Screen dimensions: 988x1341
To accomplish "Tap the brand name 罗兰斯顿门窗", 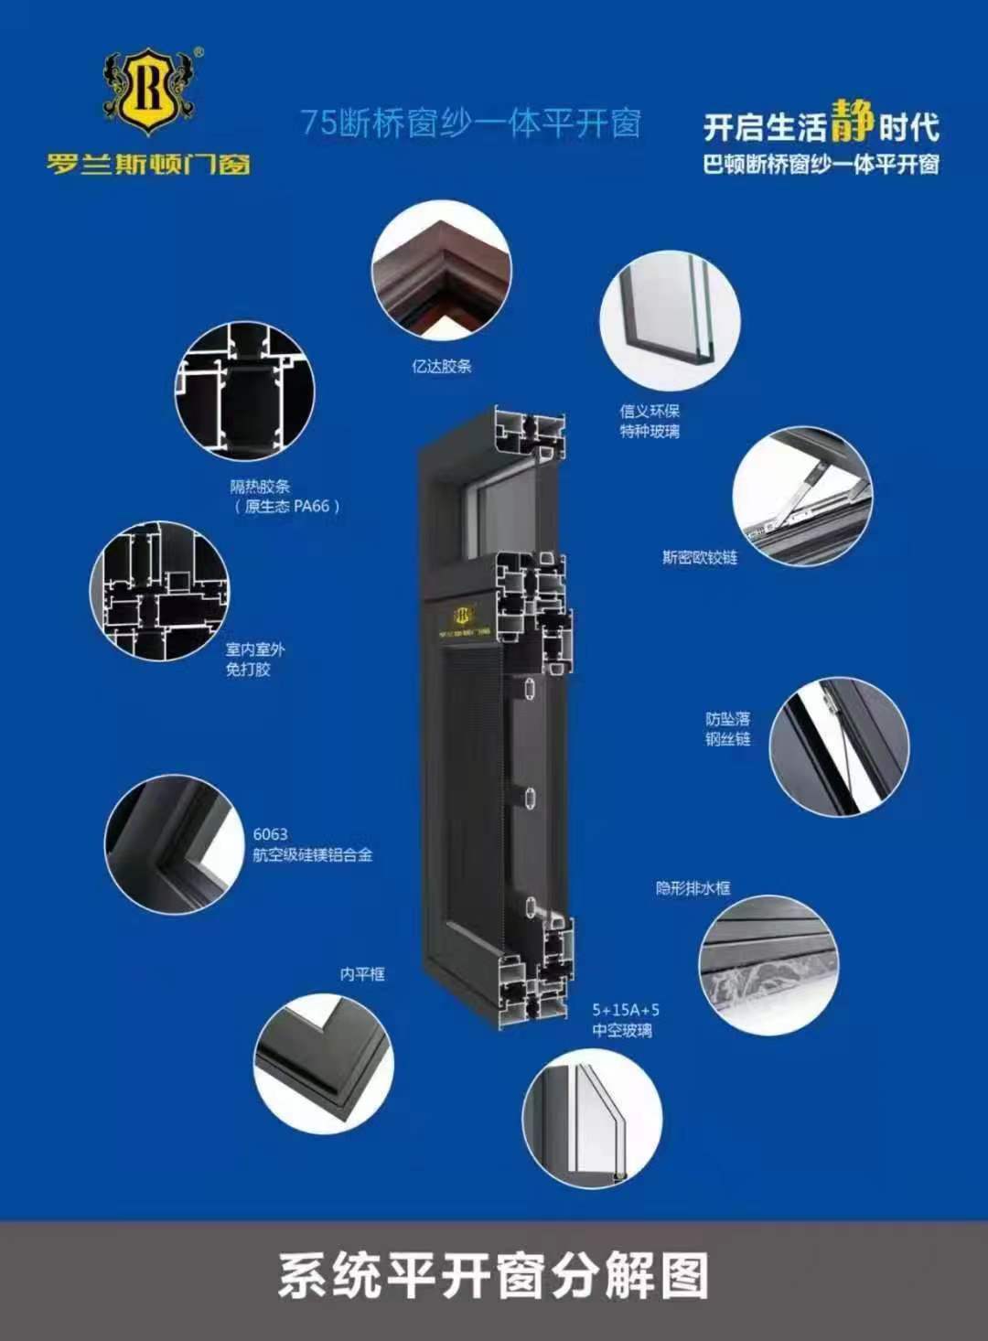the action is coord(149,163).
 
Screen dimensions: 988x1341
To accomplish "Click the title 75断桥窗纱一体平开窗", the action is coord(470,123).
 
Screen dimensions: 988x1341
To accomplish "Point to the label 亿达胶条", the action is coord(442,366).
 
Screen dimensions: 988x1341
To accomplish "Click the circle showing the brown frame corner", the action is coord(442,271).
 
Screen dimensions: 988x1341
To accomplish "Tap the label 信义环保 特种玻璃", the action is coord(650,421).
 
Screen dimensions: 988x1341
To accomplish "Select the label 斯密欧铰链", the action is coord(700,557).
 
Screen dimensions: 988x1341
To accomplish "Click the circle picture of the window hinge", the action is coord(802,496).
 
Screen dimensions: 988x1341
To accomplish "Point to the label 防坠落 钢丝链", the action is coord(727,728).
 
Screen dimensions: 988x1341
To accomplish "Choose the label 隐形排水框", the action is coord(693,888).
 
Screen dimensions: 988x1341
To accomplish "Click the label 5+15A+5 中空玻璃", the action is coord(626,1020).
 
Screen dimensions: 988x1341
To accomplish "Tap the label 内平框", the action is coord(362,974).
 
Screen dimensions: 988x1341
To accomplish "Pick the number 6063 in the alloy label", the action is coord(270,834).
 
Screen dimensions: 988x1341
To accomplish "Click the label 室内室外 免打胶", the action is coord(255,660).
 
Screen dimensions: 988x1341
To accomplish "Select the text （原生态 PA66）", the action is coord(287,507).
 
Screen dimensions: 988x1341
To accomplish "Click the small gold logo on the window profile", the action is coord(464,615).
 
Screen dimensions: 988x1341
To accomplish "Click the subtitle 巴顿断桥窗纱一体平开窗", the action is coord(821,165).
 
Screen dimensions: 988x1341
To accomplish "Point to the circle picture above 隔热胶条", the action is coord(244,392).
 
